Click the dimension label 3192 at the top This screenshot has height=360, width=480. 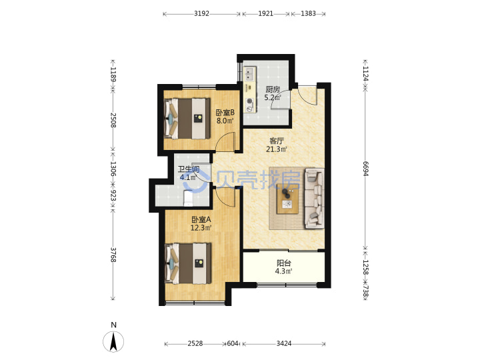coord(201,13)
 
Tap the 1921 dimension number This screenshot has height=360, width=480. coord(265,13)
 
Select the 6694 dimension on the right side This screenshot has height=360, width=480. coord(365,168)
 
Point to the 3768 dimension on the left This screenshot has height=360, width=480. coord(113,255)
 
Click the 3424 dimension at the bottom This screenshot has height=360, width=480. coord(284,343)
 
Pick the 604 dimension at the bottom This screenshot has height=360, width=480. coord(233,343)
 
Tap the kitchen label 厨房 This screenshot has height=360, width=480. coord(273,89)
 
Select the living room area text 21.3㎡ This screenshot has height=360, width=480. coord(277,149)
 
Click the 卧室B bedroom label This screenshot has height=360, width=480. coord(225,113)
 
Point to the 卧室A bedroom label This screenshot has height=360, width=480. coord(201,219)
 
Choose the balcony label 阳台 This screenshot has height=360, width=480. coord(284,263)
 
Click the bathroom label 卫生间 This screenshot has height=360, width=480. coord(189,169)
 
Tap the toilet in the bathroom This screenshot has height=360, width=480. coord(188,198)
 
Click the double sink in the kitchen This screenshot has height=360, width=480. coord(249,75)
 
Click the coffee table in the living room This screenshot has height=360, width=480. coord(287,199)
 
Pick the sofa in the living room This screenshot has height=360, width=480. coord(315,199)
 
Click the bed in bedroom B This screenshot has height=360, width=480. coord(187,118)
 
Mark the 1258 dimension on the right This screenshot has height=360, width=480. coord(365,267)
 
